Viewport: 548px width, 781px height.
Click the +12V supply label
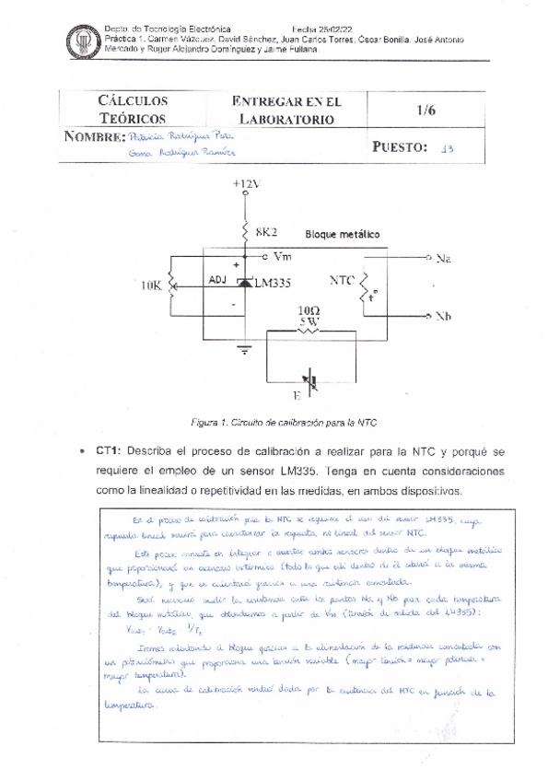pyautogui.click(x=246, y=183)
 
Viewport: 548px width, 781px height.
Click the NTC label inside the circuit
pyautogui.click(x=343, y=278)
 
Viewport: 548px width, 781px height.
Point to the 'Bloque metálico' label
pyautogui.click(x=342, y=235)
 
